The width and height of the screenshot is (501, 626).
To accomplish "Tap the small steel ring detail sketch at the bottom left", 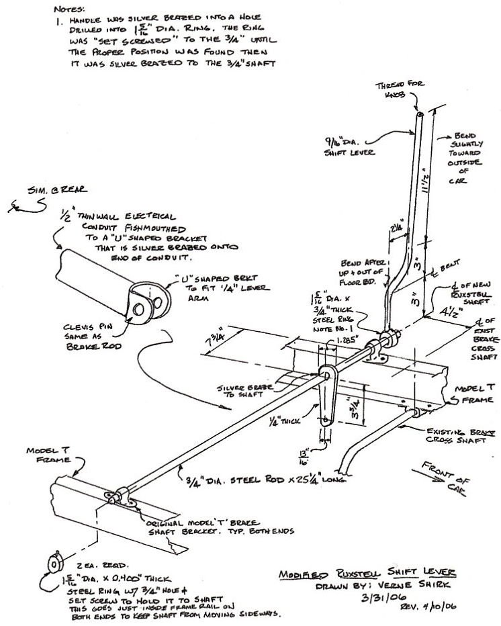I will click(52, 562).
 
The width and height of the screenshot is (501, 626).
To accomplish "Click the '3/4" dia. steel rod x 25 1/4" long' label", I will click(266, 480).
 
